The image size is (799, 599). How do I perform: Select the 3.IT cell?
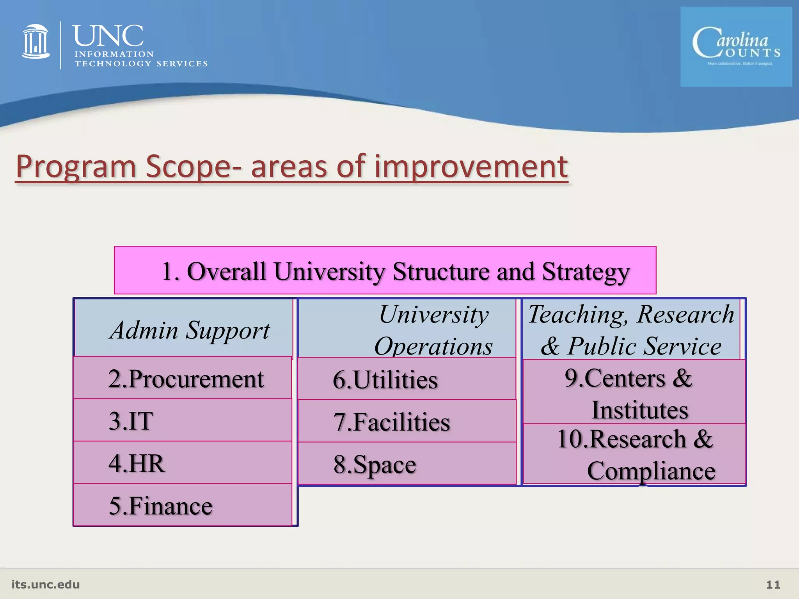point(183,420)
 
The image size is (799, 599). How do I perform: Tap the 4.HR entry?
point(183,463)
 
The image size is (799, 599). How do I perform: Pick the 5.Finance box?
point(183,505)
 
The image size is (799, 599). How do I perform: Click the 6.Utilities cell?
point(407,379)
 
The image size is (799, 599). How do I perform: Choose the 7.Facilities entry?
point(407,421)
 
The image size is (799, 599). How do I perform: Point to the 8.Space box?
point(407,464)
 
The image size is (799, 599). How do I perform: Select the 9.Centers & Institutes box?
point(634,392)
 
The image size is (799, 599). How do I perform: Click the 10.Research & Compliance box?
point(634,454)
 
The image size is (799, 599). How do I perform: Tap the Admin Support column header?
point(189,330)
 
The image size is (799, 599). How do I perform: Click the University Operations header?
point(433,330)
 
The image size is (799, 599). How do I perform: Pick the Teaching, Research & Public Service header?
point(631,330)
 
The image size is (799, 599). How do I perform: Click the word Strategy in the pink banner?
point(585,271)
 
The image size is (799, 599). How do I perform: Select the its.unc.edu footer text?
point(46,584)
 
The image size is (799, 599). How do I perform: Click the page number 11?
point(773,584)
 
